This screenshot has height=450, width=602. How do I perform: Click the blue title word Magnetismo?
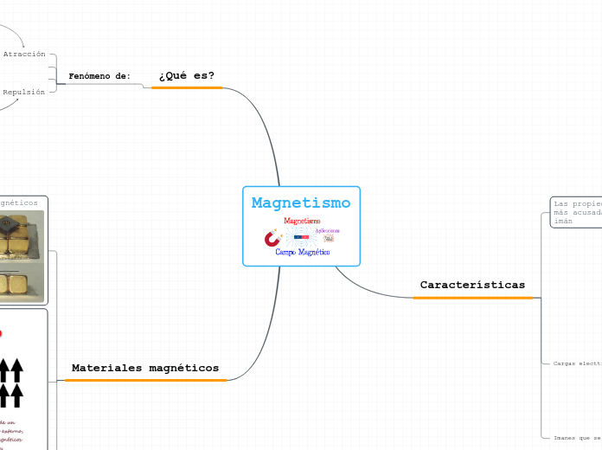pyautogui.click(x=301, y=203)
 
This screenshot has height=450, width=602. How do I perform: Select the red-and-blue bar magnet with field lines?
pyautogui.click(x=302, y=236)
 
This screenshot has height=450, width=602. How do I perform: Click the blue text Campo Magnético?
pyautogui.click(x=302, y=252)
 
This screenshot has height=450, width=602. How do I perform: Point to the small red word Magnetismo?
pyautogui.click(x=302, y=221)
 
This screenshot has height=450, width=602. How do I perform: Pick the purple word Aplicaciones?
pyautogui.click(x=328, y=230)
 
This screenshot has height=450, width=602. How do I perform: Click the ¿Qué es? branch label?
pyautogui.click(x=186, y=75)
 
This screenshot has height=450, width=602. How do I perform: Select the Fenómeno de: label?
pyautogui.click(x=99, y=76)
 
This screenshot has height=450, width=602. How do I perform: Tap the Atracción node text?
pyautogui.click(x=24, y=54)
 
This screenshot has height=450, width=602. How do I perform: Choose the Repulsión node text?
pyautogui.click(x=24, y=92)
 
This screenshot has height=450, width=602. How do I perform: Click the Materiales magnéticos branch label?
pyautogui.click(x=145, y=368)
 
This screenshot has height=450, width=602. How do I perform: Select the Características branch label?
pyautogui.click(x=472, y=285)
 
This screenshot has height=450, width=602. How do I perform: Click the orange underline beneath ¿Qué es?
pyautogui.click(x=187, y=87)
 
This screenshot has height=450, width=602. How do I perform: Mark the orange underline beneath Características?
pyautogui.click(x=473, y=298)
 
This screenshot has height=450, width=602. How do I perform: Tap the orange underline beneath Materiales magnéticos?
pyautogui.click(x=145, y=380)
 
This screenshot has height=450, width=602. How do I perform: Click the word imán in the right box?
pyautogui.click(x=562, y=222)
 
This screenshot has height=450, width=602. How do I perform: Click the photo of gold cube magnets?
pyautogui.click(x=22, y=255)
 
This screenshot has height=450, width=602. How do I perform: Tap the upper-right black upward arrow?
pyautogui.click(x=16, y=370)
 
